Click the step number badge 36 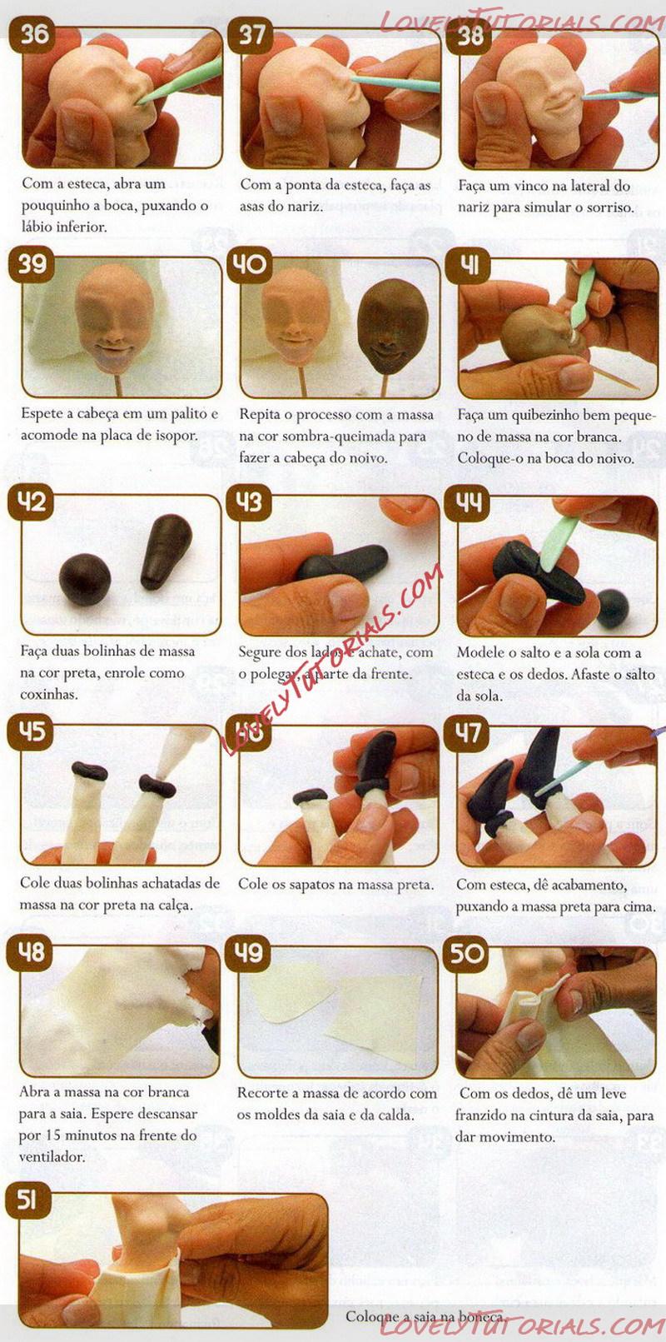coord(34,34)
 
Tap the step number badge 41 coord(469,264)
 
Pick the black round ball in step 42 coord(84,579)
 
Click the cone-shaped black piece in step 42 coord(166,551)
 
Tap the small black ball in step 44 coord(613,609)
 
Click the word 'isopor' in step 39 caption coord(177,436)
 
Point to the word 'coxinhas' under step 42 coord(48,695)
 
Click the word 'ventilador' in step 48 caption coord(52,1157)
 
